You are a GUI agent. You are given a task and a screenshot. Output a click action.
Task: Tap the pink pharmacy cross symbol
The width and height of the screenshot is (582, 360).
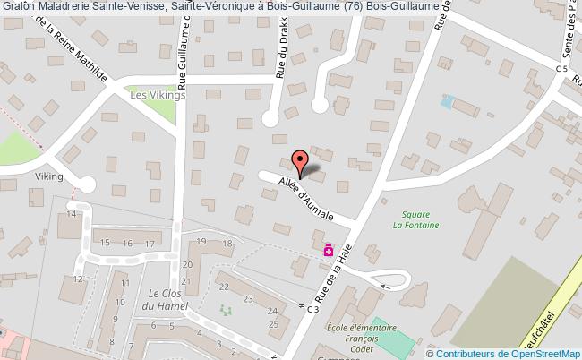coord(329,250)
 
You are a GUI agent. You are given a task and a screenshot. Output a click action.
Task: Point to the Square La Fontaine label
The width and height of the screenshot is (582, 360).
coord(415,219)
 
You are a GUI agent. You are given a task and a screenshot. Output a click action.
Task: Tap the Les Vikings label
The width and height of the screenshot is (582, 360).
coord(157,94)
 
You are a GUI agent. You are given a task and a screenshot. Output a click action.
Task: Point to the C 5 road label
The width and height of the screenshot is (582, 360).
coord(561,68)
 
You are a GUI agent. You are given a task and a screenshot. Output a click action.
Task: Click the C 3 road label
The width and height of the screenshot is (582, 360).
coord(312,309)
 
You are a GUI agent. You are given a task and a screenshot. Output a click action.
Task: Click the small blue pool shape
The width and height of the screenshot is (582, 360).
coord(448,101)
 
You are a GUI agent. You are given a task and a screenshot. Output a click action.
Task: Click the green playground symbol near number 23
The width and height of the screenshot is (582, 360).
coord(225,312)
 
